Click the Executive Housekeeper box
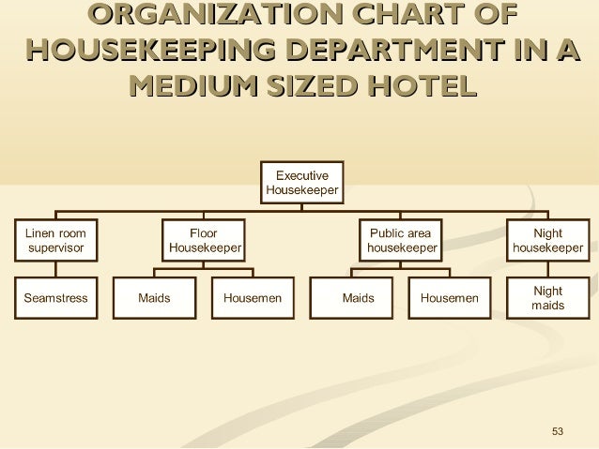coord(301,182)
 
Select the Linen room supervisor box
coord(55,240)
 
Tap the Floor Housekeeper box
coord(204,240)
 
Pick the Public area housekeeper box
coord(401,240)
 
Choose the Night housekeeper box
coord(547,240)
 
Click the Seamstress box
coord(55,298)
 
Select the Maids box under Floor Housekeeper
coord(154,298)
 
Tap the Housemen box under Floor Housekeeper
coord(253,298)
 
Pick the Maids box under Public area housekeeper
coord(358,298)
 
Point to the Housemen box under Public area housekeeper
coord(450,298)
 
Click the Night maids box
coord(547,298)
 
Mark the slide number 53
coord(558,431)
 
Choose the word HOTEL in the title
coord(420,86)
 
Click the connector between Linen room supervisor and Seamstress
coord(55,269)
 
